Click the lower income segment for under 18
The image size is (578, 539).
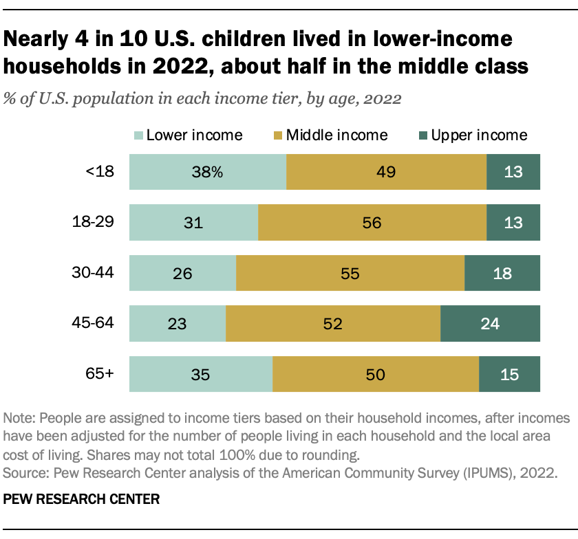coord(207,172)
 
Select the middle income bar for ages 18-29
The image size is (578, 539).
coord(372,223)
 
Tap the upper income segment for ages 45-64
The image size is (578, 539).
coord(490,323)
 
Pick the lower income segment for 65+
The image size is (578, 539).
coord(200,375)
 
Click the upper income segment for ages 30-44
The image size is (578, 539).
coord(502,273)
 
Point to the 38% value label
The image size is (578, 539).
coord(207,172)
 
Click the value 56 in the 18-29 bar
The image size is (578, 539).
coord(372,223)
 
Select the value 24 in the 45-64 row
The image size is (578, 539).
coord(490,323)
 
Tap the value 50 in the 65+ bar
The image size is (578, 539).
coord(376,375)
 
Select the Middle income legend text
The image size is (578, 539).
coord(337,135)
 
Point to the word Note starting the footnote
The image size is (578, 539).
coord(19,419)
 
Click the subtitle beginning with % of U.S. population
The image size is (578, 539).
coord(203,98)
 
